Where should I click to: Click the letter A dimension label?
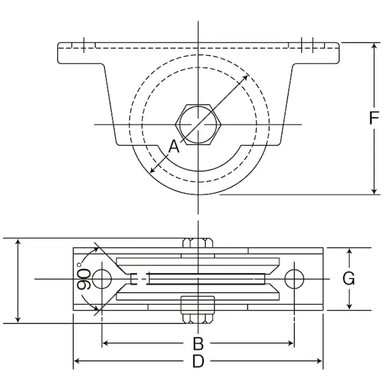click(x=174, y=146)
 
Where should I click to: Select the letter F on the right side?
click(x=374, y=118)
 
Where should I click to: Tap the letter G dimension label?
click(x=349, y=279)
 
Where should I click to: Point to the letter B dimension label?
click(x=198, y=344)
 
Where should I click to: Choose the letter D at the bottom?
click(x=198, y=361)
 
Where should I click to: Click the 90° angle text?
click(x=84, y=279)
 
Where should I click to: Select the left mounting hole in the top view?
click(x=101, y=279)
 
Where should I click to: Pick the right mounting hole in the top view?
click(x=294, y=279)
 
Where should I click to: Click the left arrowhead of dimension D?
click(x=77, y=361)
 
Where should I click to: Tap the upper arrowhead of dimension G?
click(x=349, y=251)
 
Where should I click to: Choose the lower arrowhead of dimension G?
click(x=349, y=307)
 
